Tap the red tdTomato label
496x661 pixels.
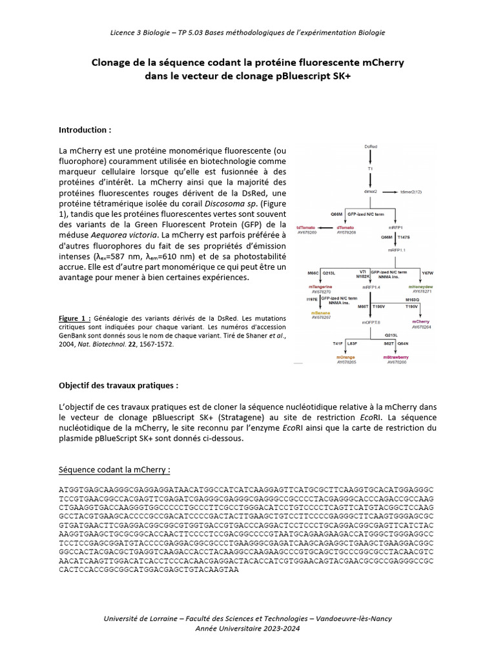(307, 227)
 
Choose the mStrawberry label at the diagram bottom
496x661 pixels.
(395, 357)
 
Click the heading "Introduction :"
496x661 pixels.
(85, 130)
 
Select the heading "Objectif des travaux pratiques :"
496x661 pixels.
(118, 385)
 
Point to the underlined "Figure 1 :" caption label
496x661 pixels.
(75, 318)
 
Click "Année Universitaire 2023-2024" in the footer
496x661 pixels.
(247, 629)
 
